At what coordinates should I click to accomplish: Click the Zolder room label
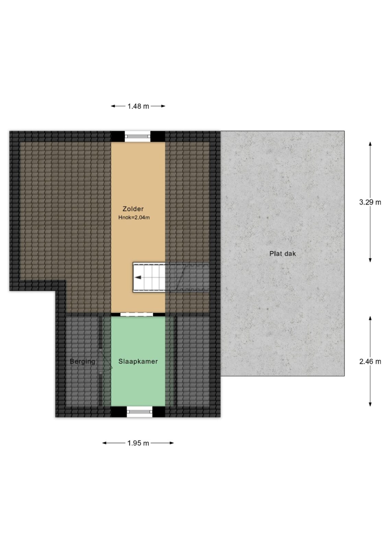click(x=133, y=209)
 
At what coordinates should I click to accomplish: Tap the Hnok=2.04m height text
click(x=134, y=218)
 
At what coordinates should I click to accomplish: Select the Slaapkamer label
click(x=138, y=361)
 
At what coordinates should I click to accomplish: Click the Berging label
click(x=82, y=362)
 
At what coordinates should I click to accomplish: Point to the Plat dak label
click(x=282, y=254)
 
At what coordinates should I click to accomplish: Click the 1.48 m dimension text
click(x=138, y=106)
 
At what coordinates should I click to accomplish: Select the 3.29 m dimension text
click(x=370, y=202)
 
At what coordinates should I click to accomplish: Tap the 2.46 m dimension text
click(x=370, y=362)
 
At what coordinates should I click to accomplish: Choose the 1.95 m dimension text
click(x=138, y=443)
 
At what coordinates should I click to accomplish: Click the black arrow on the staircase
click(x=138, y=278)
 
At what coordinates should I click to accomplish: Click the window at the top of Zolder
click(x=138, y=137)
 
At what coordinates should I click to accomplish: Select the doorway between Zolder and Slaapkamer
click(x=137, y=315)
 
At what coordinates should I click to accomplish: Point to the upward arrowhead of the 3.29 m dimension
click(x=370, y=144)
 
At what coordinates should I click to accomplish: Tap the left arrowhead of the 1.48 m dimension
click(x=113, y=106)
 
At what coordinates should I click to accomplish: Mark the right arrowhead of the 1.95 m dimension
click(x=171, y=443)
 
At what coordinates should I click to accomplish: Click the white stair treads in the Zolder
click(x=149, y=278)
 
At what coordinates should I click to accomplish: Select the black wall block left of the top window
click(x=118, y=137)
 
